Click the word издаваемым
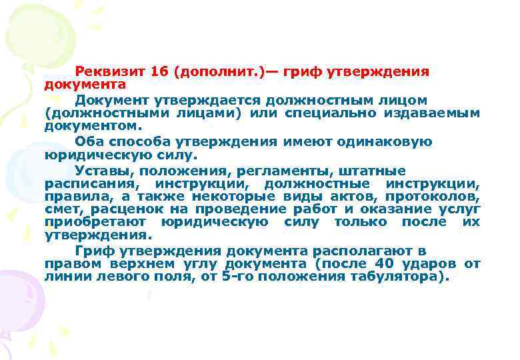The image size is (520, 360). [432, 113]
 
